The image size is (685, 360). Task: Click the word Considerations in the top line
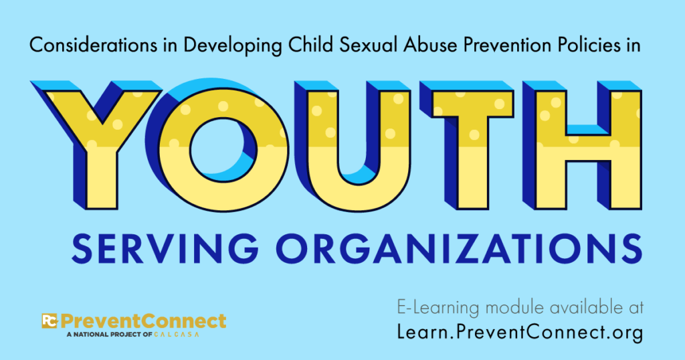pyautogui.click(x=93, y=45)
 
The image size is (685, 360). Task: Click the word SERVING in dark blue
pyautogui.click(x=165, y=249)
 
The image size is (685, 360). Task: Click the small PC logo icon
pyautogui.click(x=50, y=321)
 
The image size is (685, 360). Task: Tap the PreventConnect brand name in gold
pyautogui.click(x=143, y=321)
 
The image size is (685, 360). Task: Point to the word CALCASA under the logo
pyautogui.click(x=177, y=334)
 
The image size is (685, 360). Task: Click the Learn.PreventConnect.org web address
pyautogui.click(x=520, y=332)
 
